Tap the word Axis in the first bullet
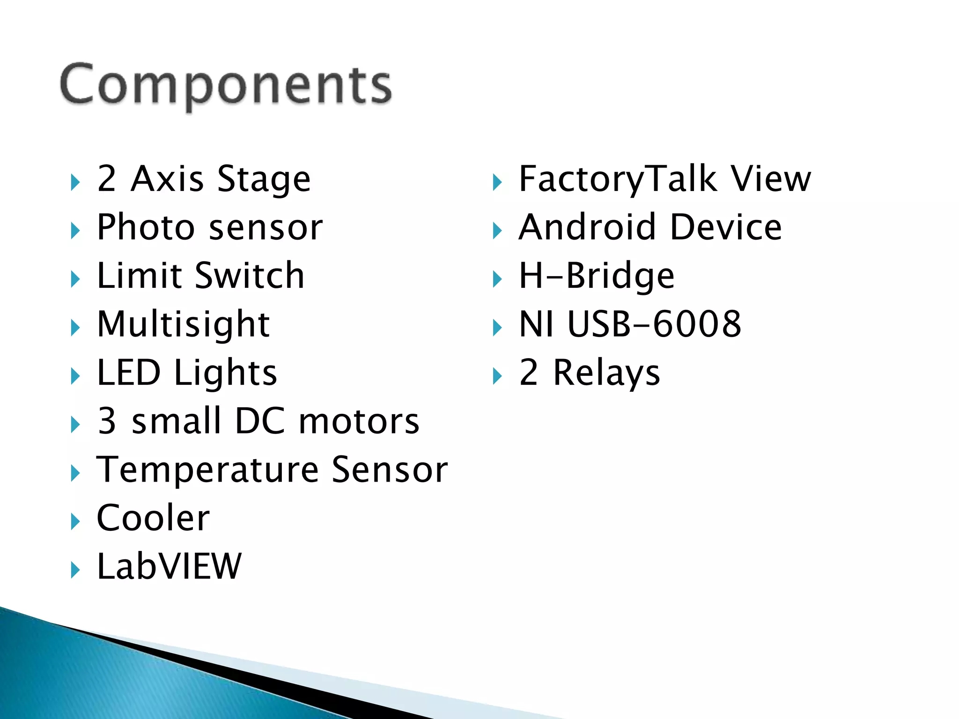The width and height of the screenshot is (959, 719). pos(167,179)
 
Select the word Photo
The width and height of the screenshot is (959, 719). pos(145,227)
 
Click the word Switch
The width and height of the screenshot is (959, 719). pos(250,276)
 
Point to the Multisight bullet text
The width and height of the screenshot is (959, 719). pos(183,324)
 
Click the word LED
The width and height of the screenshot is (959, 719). pos(129,373)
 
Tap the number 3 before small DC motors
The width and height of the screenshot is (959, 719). pos(107,421)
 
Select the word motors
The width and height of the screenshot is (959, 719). pos(359,421)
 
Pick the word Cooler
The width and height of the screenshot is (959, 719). pos(153,518)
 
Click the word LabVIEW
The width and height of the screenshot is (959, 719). pos(169,566)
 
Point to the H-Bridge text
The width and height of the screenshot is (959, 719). pos(597,276)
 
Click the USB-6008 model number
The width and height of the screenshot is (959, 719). pos(654,324)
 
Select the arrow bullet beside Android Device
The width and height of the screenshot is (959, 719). pos(497,231)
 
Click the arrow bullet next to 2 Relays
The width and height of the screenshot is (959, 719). pos(497,376)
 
